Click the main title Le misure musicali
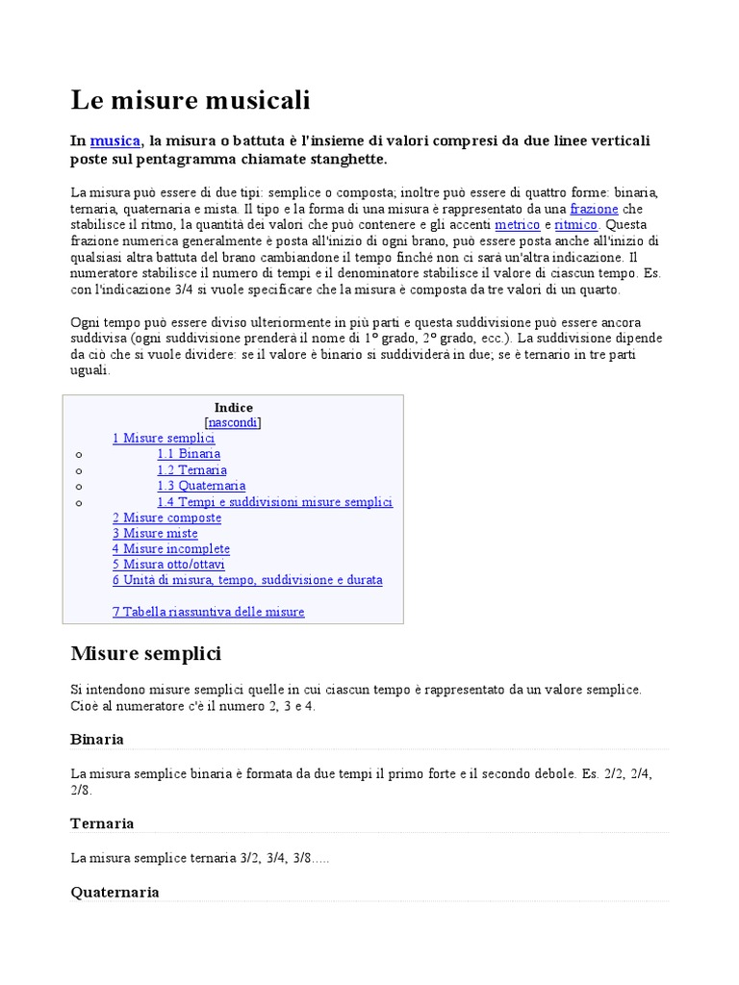191,100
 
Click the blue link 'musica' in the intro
115,141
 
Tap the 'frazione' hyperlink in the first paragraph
594,209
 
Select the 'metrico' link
518,225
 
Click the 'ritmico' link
576,225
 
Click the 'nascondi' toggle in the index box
233,422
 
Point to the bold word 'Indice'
233,408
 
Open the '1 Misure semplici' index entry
164,439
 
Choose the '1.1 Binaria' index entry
189,454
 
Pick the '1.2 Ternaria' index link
192,470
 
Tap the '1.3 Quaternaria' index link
201,486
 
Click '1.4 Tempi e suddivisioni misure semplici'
275,502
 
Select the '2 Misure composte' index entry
166,518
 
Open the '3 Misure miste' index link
155,534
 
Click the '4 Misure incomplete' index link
170,549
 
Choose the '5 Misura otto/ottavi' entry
168,565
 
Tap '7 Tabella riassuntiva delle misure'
208,612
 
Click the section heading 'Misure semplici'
146,654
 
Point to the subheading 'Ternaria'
102,823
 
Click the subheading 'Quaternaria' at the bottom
115,892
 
